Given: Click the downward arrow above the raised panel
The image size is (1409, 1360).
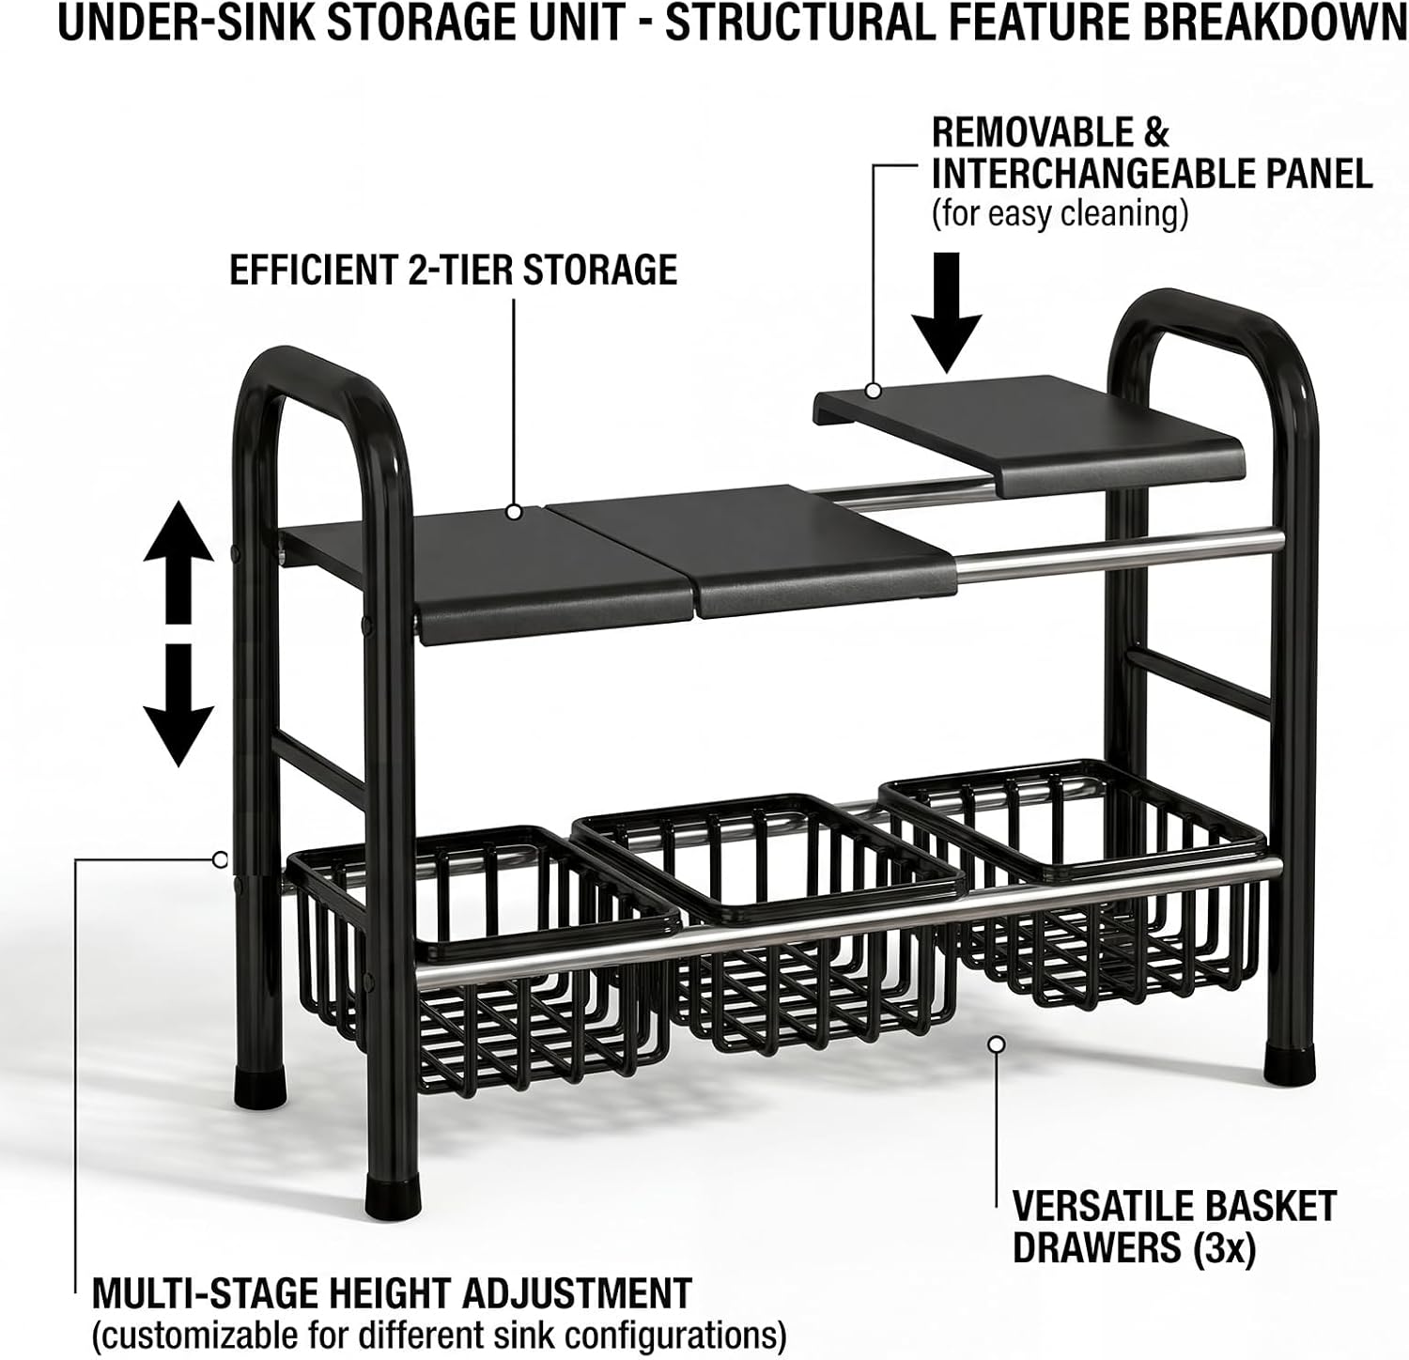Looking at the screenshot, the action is [947, 314].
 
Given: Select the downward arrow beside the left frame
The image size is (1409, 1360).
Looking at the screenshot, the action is [178, 704].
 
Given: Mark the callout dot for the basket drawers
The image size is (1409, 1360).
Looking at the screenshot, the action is [998, 1043].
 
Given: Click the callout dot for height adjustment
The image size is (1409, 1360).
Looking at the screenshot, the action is [220, 858].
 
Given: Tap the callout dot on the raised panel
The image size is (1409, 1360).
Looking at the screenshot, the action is [874, 390].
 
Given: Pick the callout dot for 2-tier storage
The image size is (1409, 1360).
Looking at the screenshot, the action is [514, 512].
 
